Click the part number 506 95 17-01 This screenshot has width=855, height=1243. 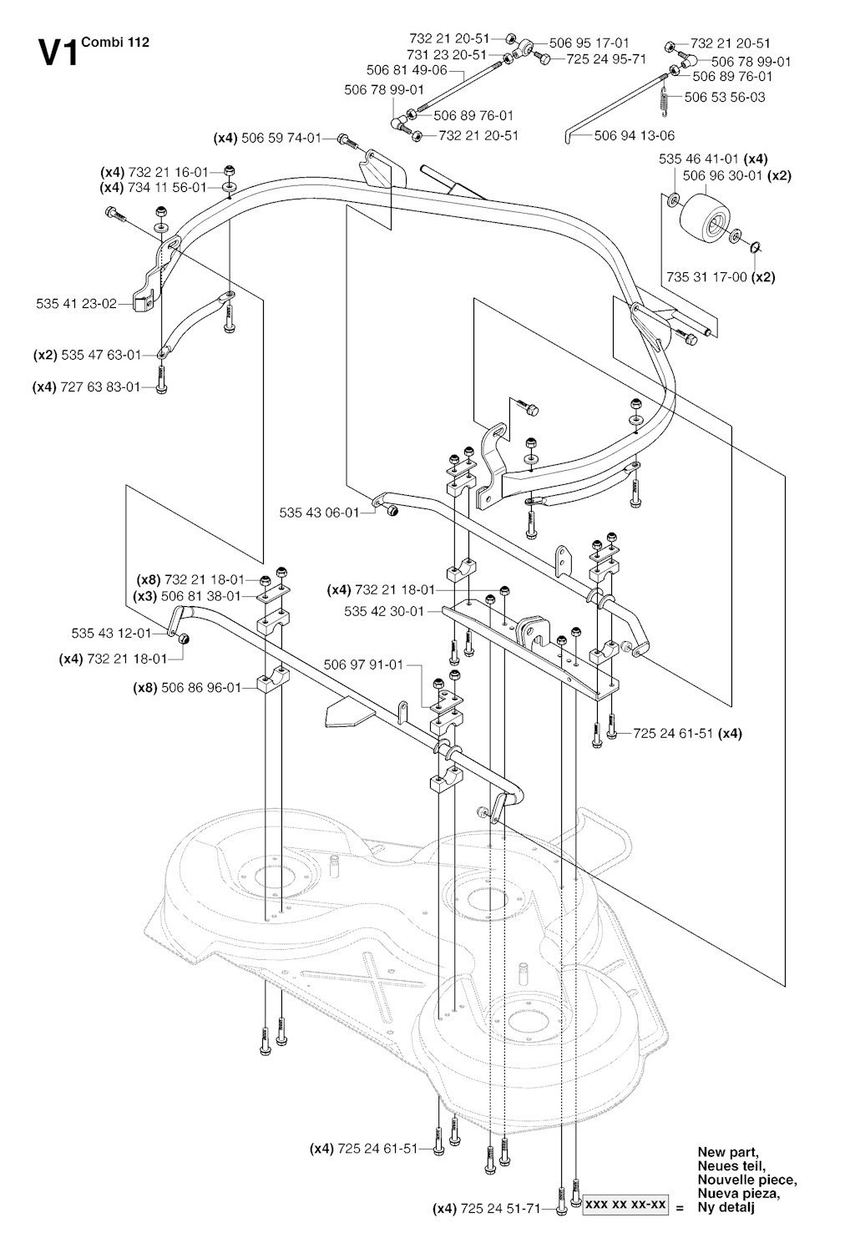click(589, 43)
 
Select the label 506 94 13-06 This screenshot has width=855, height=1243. click(635, 135)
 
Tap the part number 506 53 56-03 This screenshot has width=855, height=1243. click(725, 97)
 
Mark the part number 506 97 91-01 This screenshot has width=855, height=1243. click(363, 664)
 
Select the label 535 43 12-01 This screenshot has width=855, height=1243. click(111, 633)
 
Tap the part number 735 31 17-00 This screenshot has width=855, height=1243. click(706, 277)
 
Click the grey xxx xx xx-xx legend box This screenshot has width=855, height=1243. click(625, 1205)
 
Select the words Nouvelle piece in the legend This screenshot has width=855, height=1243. click(746, 1180)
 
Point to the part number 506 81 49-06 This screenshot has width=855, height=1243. click(407, 70)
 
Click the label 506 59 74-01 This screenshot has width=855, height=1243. click(281, 138)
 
